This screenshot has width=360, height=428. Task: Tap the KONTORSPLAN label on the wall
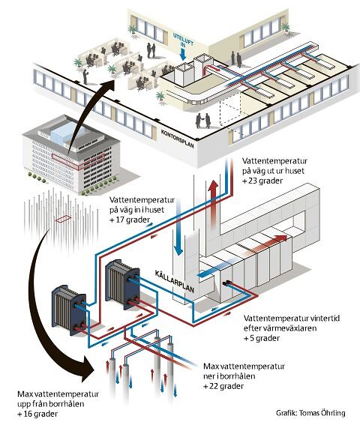pos(177,139)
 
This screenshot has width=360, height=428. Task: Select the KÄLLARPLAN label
pos(174,281)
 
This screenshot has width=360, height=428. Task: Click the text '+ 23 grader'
pos(262,181)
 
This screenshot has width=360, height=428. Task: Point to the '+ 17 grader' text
pos(130,220)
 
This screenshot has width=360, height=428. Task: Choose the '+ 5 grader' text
pos(262,338)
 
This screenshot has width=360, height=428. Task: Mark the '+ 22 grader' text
pos(223,386)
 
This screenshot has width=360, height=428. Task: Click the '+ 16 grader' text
pos(37,414)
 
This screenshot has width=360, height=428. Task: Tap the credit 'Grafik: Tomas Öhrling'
pos(310,413)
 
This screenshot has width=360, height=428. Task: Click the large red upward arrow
pos(213,203)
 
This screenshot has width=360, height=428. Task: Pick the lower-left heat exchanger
pos(69,310)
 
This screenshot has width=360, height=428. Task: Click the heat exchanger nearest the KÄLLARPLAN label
pos(123,284)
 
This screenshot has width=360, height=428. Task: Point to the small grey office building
pos(71,154)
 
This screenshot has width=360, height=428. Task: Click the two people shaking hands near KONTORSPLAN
pos(203,121)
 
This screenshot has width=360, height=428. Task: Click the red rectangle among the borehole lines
pos(63,218)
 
